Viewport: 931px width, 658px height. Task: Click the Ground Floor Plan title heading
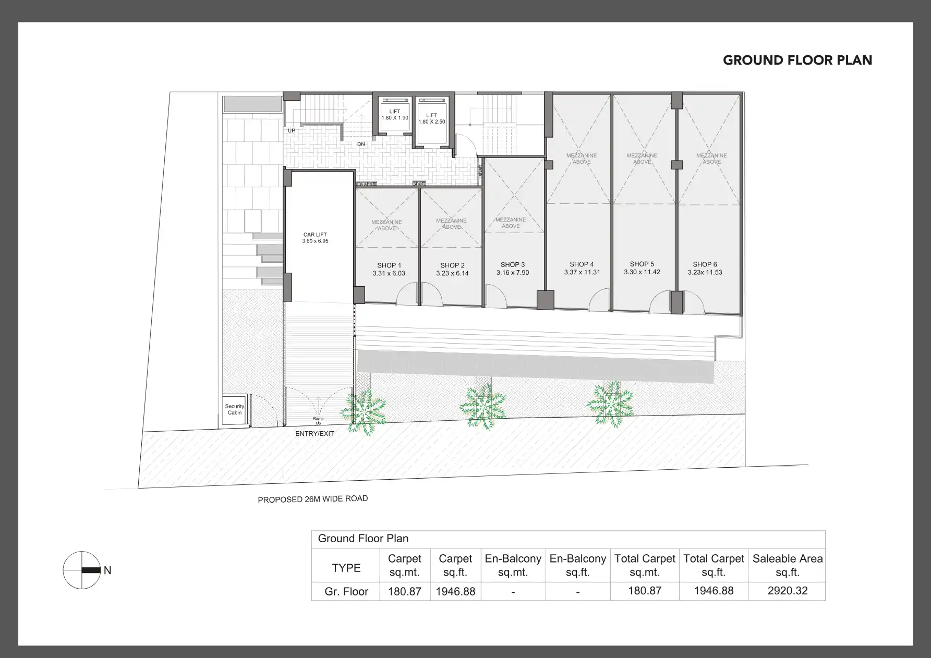point(797,60)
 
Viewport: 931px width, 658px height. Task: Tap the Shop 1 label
point(389,265)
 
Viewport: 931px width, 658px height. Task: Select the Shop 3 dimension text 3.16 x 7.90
point(513,273)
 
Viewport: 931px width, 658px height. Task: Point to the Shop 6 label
point(705,264)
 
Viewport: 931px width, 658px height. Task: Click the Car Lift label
point(315,235)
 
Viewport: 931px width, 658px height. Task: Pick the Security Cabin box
point(235,410)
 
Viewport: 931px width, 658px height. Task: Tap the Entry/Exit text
point(315,434)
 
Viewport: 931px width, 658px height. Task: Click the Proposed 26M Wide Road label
point(313,499)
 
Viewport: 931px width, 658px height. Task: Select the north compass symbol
point(82,570)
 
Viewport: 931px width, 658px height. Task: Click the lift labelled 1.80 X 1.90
point(395,115)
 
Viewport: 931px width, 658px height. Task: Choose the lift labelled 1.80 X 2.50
point(431,119)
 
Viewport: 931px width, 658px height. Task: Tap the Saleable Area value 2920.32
point(787,591)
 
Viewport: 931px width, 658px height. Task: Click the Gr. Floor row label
point(346,592)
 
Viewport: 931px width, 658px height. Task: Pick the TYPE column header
point(346,568)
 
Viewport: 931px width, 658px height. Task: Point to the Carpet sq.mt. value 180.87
point(405,592)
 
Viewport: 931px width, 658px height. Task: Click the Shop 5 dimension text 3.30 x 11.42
point(642,272)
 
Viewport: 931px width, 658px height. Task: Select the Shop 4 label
point(582,264)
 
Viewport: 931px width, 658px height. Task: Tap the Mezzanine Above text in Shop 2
point(452,224)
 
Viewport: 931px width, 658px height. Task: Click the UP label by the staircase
point(292,130)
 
